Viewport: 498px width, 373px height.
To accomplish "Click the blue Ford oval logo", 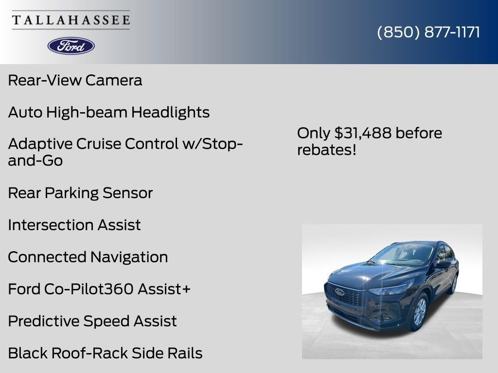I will (x=71, y=46).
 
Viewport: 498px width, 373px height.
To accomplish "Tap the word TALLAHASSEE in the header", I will (x=71, y=20).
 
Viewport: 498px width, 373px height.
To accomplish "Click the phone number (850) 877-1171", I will (x=428, y=32).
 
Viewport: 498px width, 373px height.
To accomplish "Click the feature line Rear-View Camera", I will (x=75, y=80).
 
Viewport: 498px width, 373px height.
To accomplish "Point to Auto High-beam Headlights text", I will (x=108, y=112).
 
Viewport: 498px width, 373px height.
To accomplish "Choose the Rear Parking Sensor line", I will (x=80, y=193).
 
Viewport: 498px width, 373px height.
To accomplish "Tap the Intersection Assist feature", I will (x=74, y=225).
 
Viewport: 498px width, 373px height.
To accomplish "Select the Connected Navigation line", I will (x=88, y=257).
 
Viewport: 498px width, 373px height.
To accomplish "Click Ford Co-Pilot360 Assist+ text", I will (x=99, y=289).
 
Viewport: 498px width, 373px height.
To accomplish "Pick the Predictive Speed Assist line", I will (x=92, y=321).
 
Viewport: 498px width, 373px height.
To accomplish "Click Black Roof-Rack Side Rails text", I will (x=105, y=353).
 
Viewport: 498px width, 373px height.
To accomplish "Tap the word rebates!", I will (x=327, y=150).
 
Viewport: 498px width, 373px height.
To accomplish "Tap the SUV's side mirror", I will (x=444, y=264).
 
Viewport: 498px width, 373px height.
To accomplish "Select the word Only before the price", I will (x=313, y=133).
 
